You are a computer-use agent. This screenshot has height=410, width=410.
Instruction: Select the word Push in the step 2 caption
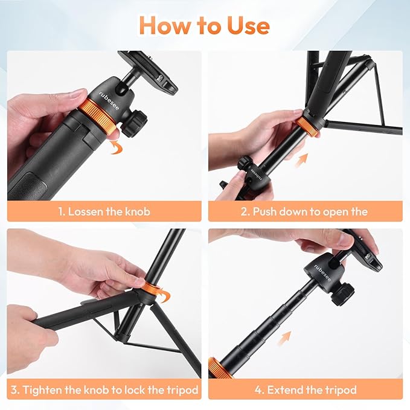tap(266, 211)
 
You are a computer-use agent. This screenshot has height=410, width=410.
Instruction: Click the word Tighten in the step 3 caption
tap(47, 389)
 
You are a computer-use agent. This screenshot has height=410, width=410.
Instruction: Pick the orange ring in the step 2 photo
tap(307, 125)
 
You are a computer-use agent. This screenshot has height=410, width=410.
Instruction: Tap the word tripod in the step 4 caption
tap(339, 389)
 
